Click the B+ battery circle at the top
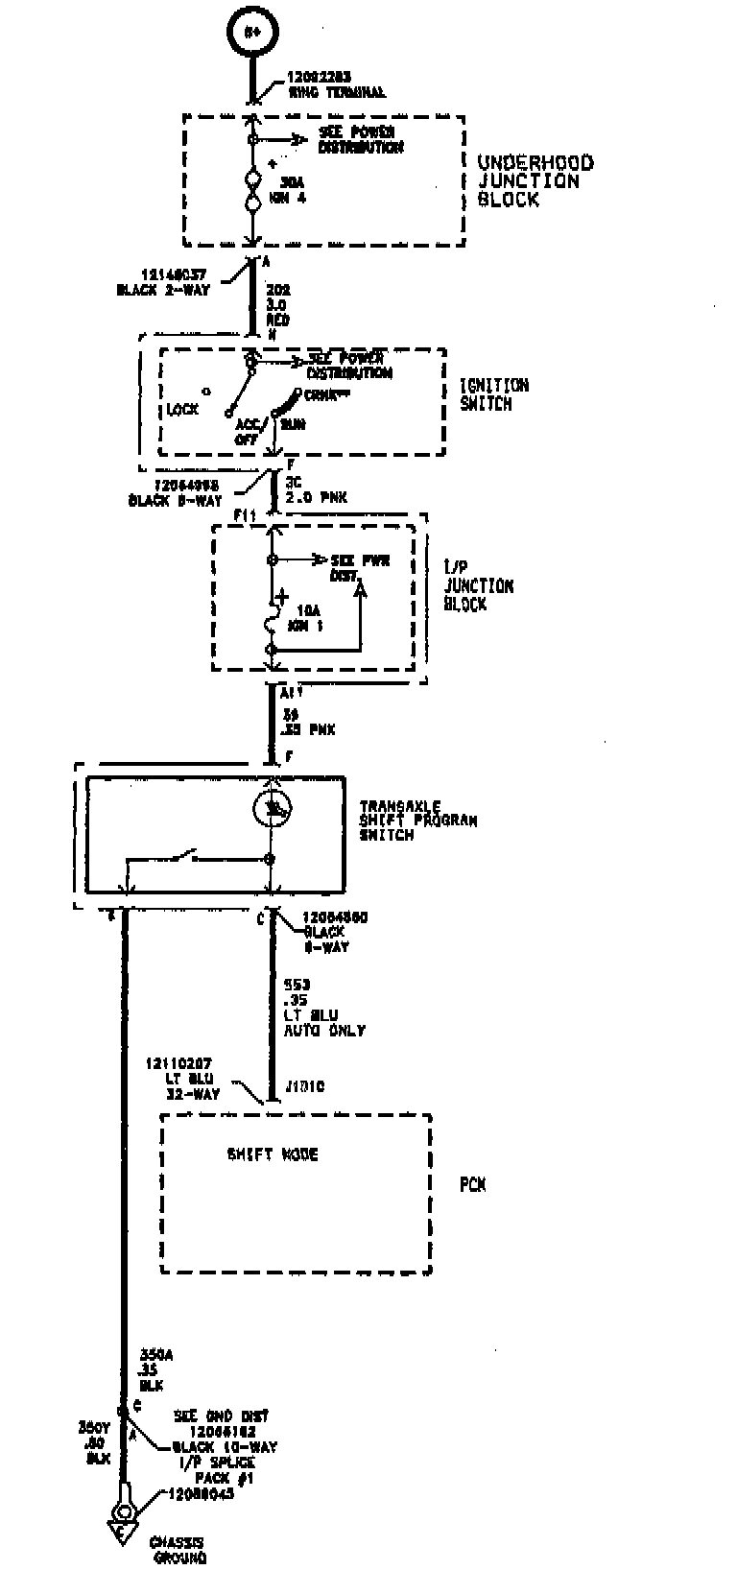click(252, 31)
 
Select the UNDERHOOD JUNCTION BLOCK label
click(535, 181)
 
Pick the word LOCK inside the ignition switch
click(182, 410)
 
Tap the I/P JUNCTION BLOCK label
click(478, 586)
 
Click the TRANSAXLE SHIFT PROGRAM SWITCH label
click(417, 821)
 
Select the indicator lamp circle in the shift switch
click(272, 809)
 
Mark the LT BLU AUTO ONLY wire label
click(323, 1023)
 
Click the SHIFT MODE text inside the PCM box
click(273, 1154)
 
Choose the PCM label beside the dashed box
click(472, 1185)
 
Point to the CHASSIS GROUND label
click(178, 1550)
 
